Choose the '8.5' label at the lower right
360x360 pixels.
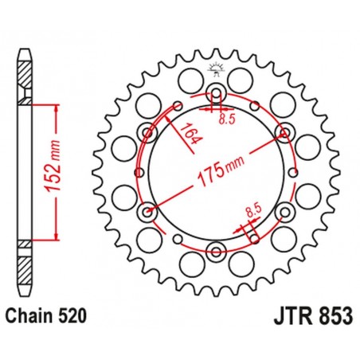point(254,211)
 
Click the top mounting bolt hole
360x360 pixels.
point(217,90)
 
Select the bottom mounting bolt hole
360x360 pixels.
point(217,252)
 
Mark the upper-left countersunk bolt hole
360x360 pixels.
point(147,131)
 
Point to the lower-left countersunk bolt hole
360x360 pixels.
point(147,212)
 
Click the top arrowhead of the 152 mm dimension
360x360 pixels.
point(57,105)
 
